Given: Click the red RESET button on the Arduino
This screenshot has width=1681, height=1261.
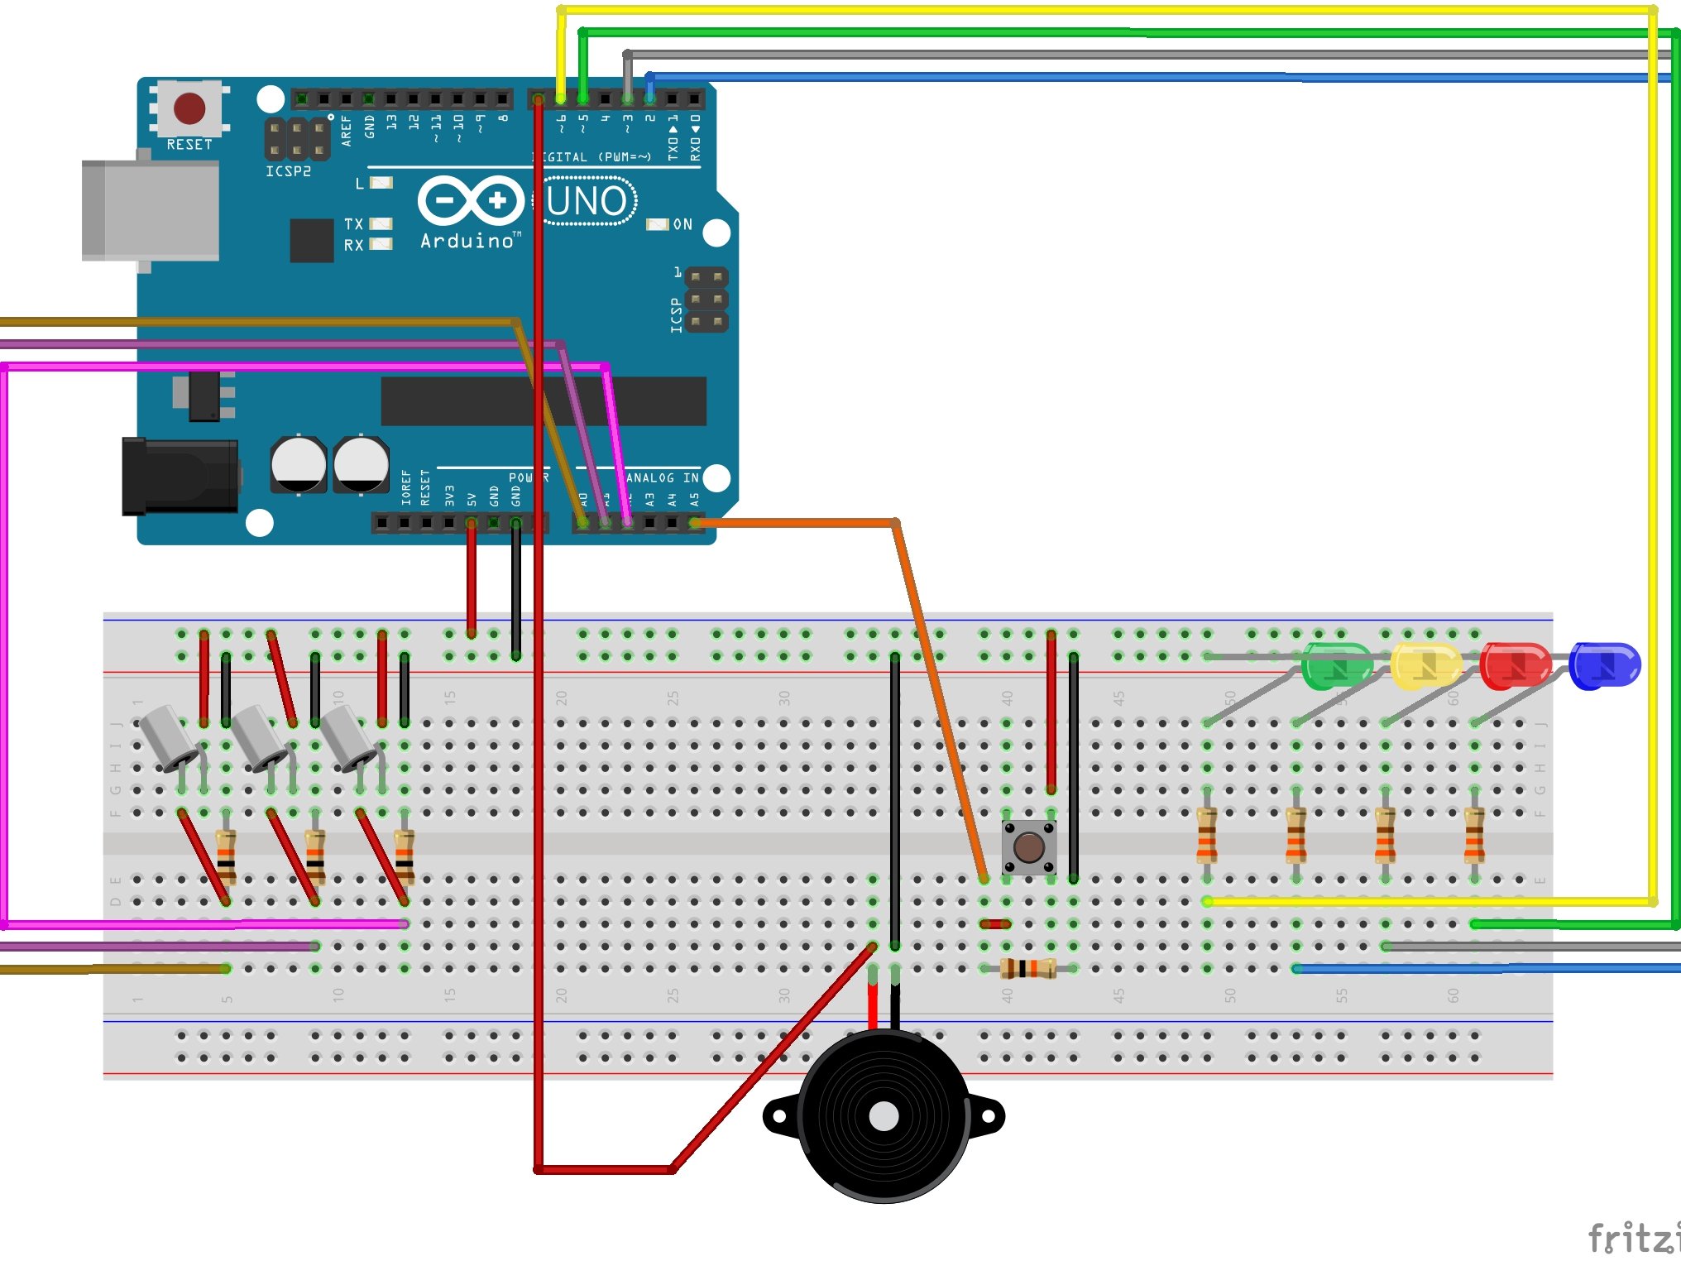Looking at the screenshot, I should (x=189, y=108).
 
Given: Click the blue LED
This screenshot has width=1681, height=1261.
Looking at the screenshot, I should (x=1604, y=665).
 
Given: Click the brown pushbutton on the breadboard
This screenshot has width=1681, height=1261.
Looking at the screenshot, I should (x=1028, y=847).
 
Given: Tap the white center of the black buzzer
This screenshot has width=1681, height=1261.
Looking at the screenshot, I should (x=884, y=1116).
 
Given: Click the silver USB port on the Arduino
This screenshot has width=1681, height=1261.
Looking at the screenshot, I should (x=151, y=211).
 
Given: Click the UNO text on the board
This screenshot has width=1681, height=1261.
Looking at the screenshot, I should (x=588, y=201).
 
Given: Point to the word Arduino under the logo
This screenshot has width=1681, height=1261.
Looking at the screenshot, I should (x=468, y=242).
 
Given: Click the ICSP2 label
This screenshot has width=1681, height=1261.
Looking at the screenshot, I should (x=288, y=171).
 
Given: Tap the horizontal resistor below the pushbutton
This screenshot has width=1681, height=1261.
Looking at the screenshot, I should (x=1027, y=968).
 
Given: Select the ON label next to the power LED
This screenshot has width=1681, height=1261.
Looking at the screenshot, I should (x=682, y=224).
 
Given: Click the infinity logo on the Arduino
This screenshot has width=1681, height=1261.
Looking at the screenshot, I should (x=471, y=200).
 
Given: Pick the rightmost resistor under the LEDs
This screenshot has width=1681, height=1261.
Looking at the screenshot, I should (x=1474, y=836).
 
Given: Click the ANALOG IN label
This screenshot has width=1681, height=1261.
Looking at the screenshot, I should (x=662, y=477).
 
